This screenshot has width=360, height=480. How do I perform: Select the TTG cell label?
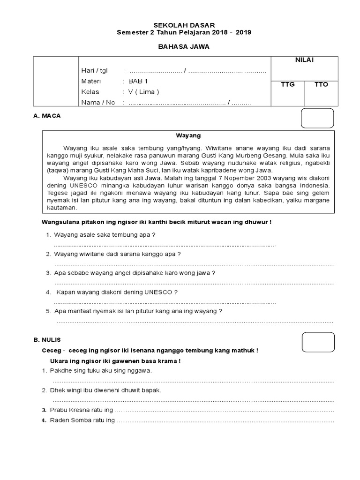287,85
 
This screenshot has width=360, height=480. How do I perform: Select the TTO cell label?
321,85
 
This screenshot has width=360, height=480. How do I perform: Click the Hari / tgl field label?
94,71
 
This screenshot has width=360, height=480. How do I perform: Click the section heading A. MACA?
47,115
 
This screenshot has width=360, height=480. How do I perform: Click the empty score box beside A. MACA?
317,118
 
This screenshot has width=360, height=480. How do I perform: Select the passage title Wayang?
188,135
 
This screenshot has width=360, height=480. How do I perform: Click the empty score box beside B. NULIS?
318,342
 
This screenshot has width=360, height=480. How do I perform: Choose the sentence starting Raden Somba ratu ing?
82,420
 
